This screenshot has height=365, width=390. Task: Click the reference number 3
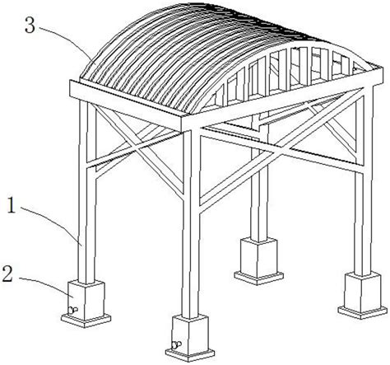coord(30,25)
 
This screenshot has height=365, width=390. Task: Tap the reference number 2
coord(7,274)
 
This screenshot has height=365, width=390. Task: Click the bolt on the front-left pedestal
coord(72,310)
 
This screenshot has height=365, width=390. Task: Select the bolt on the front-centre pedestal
coord(176,344)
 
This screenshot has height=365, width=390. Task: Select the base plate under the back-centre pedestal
coord(258,278)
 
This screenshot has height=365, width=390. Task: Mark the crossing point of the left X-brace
coord(134,147)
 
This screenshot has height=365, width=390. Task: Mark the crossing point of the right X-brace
coord(282,151)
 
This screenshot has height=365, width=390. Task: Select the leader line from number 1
coord(52,222)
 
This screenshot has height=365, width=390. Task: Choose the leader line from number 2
coord(47,285)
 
